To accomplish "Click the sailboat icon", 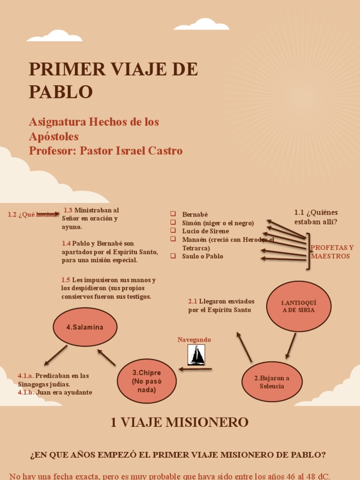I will coord(196,355).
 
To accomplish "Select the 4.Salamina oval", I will coord(85,327).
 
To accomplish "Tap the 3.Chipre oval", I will coord(147,381).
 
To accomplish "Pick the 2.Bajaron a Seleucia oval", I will coord(272,382).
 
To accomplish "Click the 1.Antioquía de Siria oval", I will coord(299,306).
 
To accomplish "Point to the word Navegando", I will coord(194,339).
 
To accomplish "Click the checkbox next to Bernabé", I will coord(173,214).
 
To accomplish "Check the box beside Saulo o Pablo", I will coord(173,256).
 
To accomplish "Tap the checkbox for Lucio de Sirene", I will coord(173,231).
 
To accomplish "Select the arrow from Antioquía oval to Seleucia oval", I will coord(291,345).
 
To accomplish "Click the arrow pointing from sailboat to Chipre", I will coord(195,369).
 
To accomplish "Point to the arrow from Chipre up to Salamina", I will coord(106,357).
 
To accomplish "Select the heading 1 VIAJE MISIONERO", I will coord(180,422).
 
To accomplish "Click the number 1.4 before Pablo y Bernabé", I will coord(66,244).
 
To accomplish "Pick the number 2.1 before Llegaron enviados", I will coord(193,301).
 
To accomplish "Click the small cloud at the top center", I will coord(202,24).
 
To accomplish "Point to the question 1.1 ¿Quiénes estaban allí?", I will coord(316,217).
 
